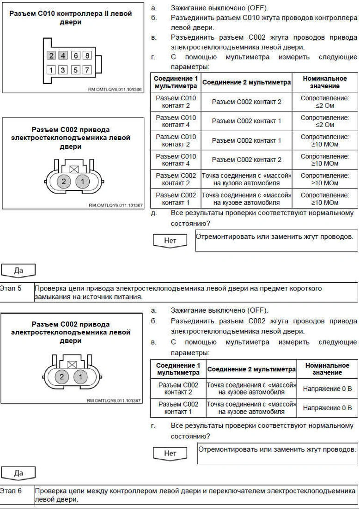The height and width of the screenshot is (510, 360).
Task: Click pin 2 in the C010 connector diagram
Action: (x=51, y=56)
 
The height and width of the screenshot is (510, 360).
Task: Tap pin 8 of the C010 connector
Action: (x=87, y=56)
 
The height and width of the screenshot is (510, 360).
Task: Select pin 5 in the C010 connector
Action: (x=75, y=70)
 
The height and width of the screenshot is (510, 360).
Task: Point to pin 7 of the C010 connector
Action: (x=87, y=70)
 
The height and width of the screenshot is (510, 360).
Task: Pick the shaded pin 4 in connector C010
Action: (x=63, y=56)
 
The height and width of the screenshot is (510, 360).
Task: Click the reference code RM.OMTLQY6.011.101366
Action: (x=115, y=90)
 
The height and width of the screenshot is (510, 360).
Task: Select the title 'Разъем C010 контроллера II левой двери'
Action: (x=71, y=18)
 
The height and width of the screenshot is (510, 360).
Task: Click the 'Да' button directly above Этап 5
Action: (x=18, y=271)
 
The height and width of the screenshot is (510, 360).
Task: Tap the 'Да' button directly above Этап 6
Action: (x=18, y=473)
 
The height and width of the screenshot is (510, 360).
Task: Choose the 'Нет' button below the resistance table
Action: (x=170, y=241)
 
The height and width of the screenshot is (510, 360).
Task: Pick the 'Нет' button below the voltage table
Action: (x=170, y=453)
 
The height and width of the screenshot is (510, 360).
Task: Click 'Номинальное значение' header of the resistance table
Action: (x=324, y=82)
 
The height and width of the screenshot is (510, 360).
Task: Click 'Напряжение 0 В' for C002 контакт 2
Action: (x=327, y=389)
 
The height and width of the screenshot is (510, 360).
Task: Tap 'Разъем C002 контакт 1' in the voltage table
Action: (x=178, y=408)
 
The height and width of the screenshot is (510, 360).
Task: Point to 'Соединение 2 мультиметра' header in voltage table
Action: (x=251, y=369)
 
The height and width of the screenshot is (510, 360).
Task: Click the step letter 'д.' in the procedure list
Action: (x=153, y=214)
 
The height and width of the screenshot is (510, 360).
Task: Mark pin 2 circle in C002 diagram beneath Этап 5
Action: (x=61, y=377)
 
